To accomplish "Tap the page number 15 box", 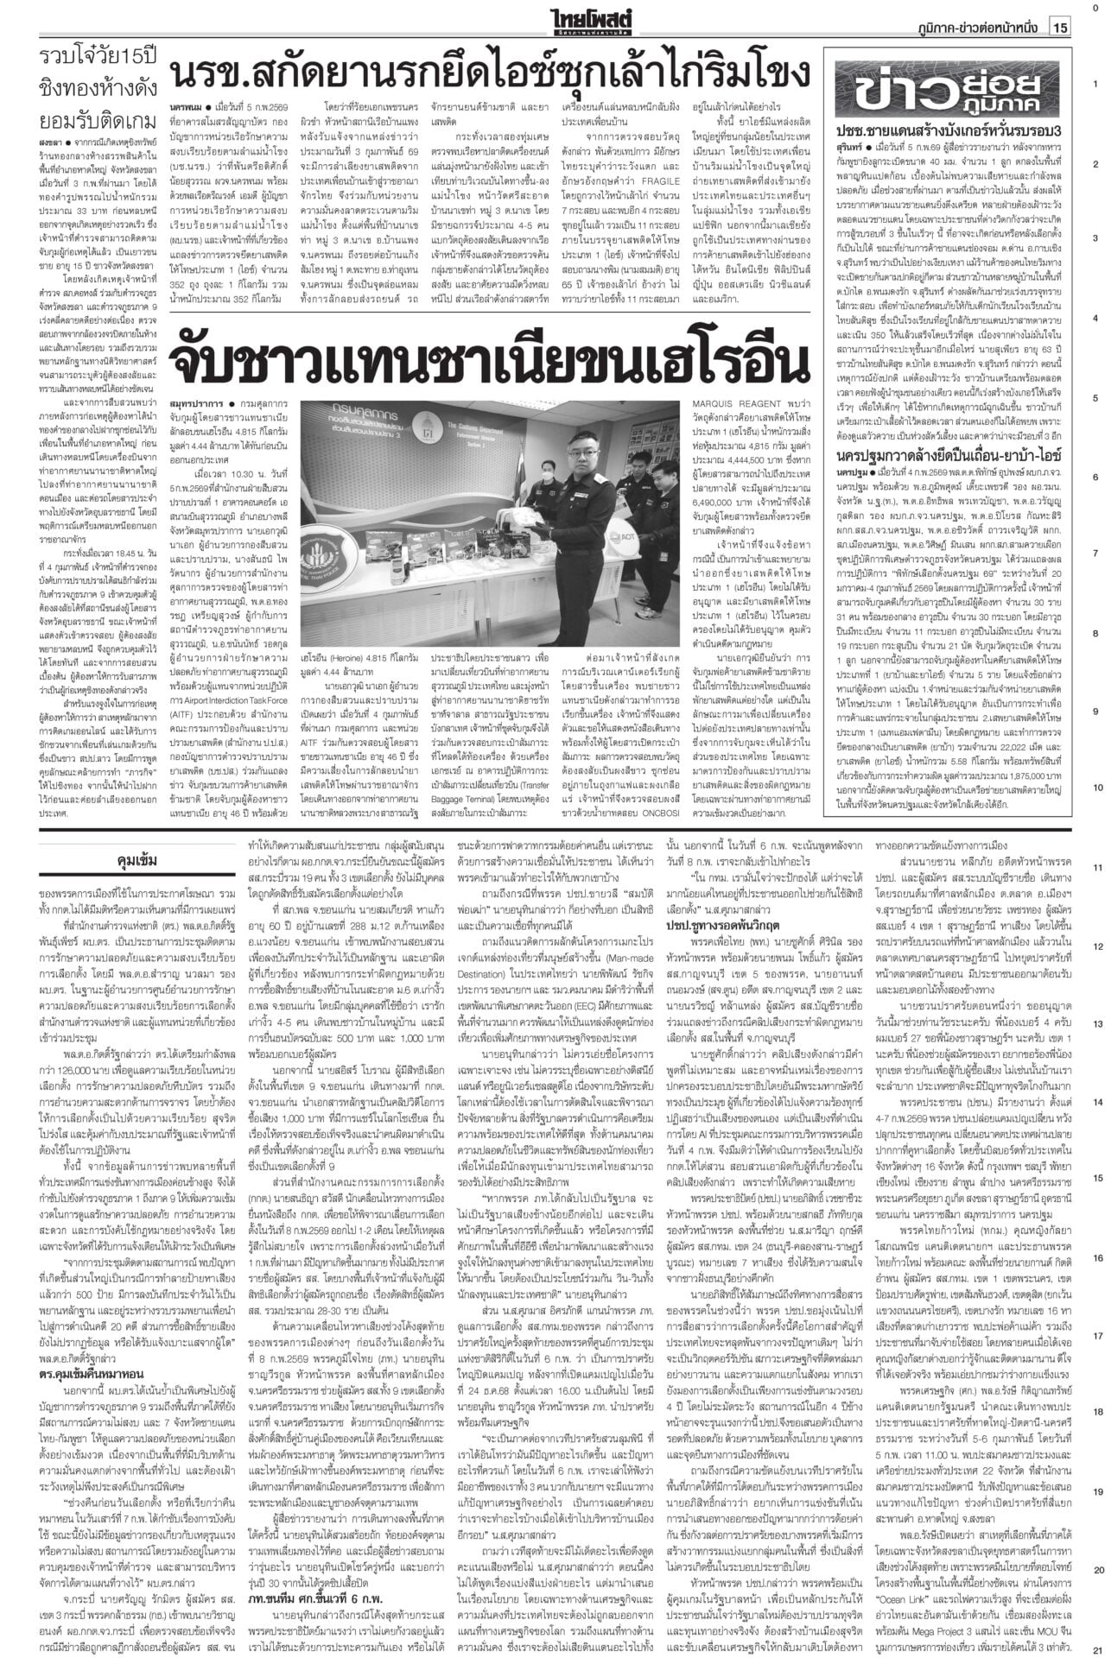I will point(1060,28).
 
